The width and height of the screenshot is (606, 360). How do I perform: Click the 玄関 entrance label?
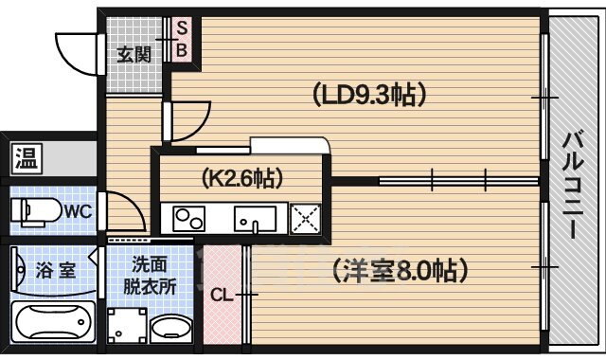coord(134,54)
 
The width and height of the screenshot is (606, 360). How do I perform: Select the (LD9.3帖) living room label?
coord(366,94)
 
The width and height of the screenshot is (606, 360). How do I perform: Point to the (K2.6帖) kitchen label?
coord(242,176)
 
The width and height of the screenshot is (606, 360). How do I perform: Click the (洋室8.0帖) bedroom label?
coord(400,272)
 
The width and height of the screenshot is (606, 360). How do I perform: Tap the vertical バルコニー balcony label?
coord(574,185)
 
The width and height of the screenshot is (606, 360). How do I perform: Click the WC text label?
coord(78,210)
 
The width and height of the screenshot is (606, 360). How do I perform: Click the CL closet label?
coord(222,296)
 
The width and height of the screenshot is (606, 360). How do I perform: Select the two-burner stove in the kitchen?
coord(189,220)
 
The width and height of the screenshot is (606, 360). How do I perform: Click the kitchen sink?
coord(255,220)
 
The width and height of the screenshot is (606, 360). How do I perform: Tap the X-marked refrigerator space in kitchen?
coord(306,220)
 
